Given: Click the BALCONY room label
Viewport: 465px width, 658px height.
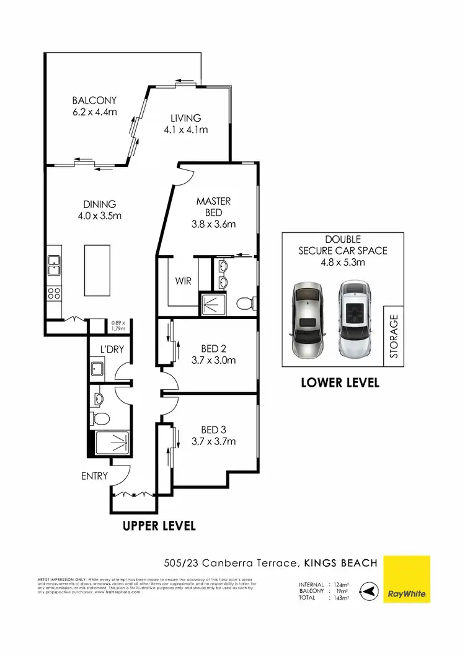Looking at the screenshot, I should click(x=94, y=106).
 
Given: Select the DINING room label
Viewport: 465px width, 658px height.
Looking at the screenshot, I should click(x=100, y=210).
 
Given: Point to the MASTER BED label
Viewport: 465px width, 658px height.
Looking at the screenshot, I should click(x=213, y=212).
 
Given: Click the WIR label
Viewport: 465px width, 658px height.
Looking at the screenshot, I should click(x=183, y=281).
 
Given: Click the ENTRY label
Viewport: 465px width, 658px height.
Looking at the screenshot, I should click(x=94, y=476).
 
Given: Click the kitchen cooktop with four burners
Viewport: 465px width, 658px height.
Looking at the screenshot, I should click(x=54, y=294).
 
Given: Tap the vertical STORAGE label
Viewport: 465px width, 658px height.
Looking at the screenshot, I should click(x=394, y=336).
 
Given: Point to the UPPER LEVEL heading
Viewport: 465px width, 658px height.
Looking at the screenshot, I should click(x=159, y=526).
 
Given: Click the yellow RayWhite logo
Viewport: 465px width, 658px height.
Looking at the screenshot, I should click(x=407, y=579).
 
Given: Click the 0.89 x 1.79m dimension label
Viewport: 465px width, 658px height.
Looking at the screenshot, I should click(x=118, y=326).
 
